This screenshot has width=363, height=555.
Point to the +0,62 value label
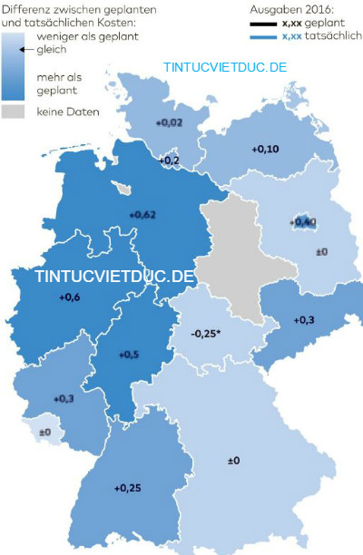(x=143, y=214)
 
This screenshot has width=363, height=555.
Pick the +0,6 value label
(x=69, y=297)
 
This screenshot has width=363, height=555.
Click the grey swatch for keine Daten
(x=14, y=112)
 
